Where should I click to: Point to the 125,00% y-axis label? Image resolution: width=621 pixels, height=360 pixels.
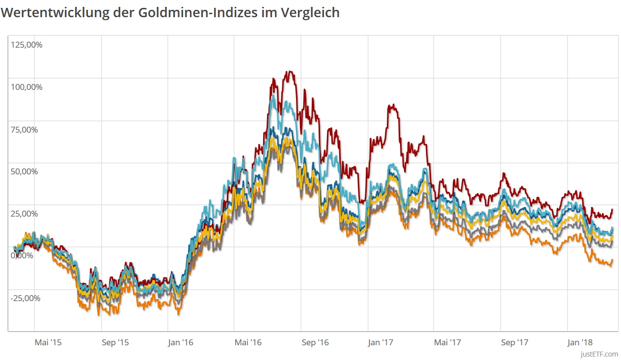tap(27, 45)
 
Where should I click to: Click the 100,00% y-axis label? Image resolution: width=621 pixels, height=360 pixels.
tap(27, 87)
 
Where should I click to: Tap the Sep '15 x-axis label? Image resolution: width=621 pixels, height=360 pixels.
tap(116, 342)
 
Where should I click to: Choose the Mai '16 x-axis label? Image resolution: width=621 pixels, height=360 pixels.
tap(248, 342)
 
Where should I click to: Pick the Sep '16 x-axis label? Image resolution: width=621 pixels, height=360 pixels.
tap(315, 342)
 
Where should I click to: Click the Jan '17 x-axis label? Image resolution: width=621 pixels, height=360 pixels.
tap(381, 342)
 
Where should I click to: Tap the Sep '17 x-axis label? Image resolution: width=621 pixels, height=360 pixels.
tap(514, 342)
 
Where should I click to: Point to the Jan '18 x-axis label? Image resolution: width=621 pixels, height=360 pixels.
tap(580, 342)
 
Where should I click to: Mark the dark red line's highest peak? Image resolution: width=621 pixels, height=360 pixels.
tap(290, 72)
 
